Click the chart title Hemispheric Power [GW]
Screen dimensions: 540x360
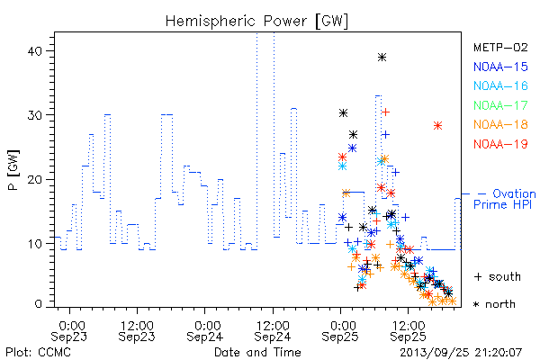[x=256, y=22]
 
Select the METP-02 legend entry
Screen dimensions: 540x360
[x=500, y=47]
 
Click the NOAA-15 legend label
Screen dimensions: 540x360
[x=500, y=67]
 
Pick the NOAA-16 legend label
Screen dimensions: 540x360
[x=500, y=85]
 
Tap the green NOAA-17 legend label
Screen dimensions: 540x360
[x=500, y=105]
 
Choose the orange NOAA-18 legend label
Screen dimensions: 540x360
[x=500, y=124]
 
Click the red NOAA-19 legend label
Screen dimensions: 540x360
[x=500, y=144]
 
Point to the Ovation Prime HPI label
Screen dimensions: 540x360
[x=505, y=199]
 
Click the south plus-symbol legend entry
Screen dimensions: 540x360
[x=498, y=276]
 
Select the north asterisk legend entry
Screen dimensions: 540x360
[x=494, y=304]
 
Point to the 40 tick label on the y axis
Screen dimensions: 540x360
[x=34, y=51]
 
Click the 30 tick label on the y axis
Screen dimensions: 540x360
[x=34, y=115]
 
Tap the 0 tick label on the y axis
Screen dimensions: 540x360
[x=38, y=304]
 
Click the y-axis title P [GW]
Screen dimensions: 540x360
[x=13, y=170]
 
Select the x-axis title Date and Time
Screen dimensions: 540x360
[x=257, y=352]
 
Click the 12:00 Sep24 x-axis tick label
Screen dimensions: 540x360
[x=273, y=331]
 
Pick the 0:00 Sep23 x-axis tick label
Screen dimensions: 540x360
[x=69, y=331]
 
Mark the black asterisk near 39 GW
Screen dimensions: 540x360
[x=382, y=58]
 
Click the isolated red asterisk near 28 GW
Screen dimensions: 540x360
[x=437, y=126]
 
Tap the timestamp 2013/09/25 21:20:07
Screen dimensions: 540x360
[x=461, y=353]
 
